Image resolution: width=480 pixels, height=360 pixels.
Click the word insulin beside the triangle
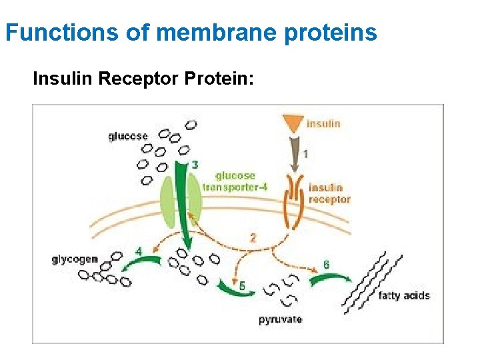pyautogui.click(x=323, y=123)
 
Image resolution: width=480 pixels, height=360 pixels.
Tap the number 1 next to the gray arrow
pyautogui.click(x=305, y=154)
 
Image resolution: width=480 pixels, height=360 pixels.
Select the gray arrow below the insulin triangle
pyautogui.click(x=292, y=153)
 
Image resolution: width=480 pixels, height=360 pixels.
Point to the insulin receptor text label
pyautogui.click(x=329, y=193)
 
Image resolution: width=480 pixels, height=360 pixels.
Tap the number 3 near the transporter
pyautogui.click(x=195, y=164)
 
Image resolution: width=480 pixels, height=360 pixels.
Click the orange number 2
pyautogui.click(x=253, y=237)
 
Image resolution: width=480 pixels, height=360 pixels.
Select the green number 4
pyautogui.click(x=139, y=251)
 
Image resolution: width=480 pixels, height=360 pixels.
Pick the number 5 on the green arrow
pyautogui.click(x=242, y=285)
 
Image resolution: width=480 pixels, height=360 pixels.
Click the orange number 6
pyautogui.click(x=326, y=265)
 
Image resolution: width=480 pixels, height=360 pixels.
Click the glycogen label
pyautogui.click(x=75, y=259)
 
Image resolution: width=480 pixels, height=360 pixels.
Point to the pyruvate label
pyautogui.click(x=280, y=319)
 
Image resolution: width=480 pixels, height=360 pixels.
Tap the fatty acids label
pyautogui.click(x=404, y=295)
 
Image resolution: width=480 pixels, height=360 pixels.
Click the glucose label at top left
pyautogui.click(x=128, y=136)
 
